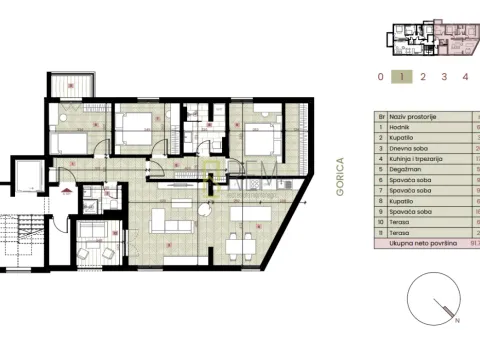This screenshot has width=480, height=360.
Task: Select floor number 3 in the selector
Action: click(x=444, y=76)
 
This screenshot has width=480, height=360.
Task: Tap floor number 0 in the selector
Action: click(x=380, y=76)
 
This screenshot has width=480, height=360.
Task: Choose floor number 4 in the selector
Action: click(x=465, y=76)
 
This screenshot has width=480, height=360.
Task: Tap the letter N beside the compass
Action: click(x=457, y=323)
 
